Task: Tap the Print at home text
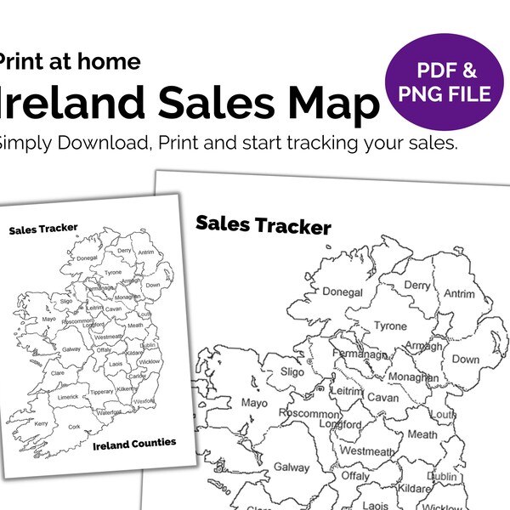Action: (70, 61)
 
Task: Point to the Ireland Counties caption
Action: (133, 442)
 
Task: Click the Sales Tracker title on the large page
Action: (263, 225)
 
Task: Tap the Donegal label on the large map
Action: (343, 292)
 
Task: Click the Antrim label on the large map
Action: (459, 294)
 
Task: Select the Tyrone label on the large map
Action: (390, 326)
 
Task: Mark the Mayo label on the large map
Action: (254, 402)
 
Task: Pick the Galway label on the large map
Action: (292, 467)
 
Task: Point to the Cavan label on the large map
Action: (382, 397)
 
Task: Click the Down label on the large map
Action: (465, 359)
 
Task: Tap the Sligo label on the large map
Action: (292, 372)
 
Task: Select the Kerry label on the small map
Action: (41, 423)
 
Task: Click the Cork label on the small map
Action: (74, 428)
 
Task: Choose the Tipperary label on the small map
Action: (102, 391)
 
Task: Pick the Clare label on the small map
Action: (58, 373)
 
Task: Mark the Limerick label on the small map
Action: (68, 397)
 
